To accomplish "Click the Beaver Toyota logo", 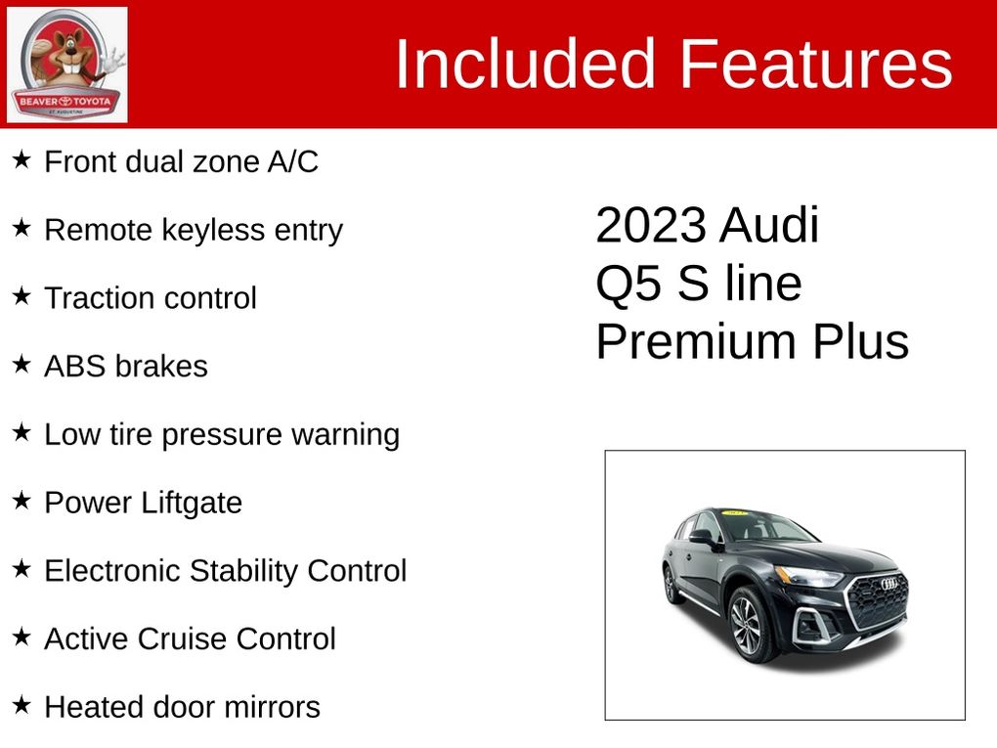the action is [66, 65].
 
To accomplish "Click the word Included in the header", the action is [525, 65].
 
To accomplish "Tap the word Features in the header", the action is [816, 65].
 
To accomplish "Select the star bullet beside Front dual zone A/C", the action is [22, 159].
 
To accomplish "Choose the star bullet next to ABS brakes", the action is [22, 365].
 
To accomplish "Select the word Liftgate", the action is [192, 504].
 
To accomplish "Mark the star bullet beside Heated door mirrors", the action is [22, 705].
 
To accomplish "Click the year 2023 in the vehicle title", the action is [651, 225].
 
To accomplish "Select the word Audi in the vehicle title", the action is [770, 225].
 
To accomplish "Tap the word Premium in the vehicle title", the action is [696, 341].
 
